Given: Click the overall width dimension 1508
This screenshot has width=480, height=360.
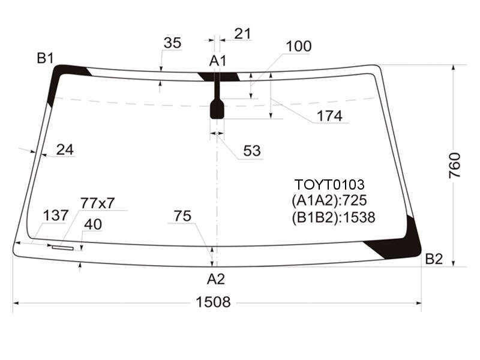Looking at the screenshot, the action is [213, 302].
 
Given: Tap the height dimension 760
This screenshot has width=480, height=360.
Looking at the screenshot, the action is [454, 166].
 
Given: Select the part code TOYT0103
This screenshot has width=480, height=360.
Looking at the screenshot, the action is [329, 185].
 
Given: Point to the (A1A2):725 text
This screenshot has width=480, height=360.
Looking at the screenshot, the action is [329, 200].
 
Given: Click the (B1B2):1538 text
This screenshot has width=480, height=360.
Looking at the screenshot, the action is [334, 217].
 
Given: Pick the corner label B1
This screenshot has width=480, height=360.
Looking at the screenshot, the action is [46, 58].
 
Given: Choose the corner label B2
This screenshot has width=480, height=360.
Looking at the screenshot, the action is [434, 259].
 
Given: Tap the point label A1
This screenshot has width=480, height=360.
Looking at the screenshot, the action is [218, 61].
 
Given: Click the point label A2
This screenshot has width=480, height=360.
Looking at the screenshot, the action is [216, 279].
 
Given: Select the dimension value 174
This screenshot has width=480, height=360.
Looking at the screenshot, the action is [329, 116].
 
